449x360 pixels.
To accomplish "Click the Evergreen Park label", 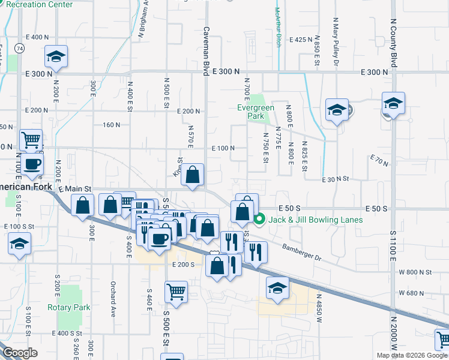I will pyautogui.click(x=256, y=112).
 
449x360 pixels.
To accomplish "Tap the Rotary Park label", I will pyautogui.click(x=69, y=307).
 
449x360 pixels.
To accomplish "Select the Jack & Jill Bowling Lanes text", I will pyautogui.click(x=315, y=220).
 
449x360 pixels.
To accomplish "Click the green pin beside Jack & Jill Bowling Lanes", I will pyautogui.click(x=259, y=220).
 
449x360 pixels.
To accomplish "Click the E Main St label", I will pyautogui.click(x=75, y=189).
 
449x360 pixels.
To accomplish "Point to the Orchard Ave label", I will pyautogui.click(x=112, y=299).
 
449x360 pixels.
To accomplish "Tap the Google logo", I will pyautogui.click(x=20, y=353).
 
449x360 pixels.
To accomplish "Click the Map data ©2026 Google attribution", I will pyautogui.click(x=412, y=355).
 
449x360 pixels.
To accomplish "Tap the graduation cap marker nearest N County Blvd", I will pyautogui.click(x=393, y=104).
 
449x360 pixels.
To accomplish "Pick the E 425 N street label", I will pyautogui.click(x=301, y=40).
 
